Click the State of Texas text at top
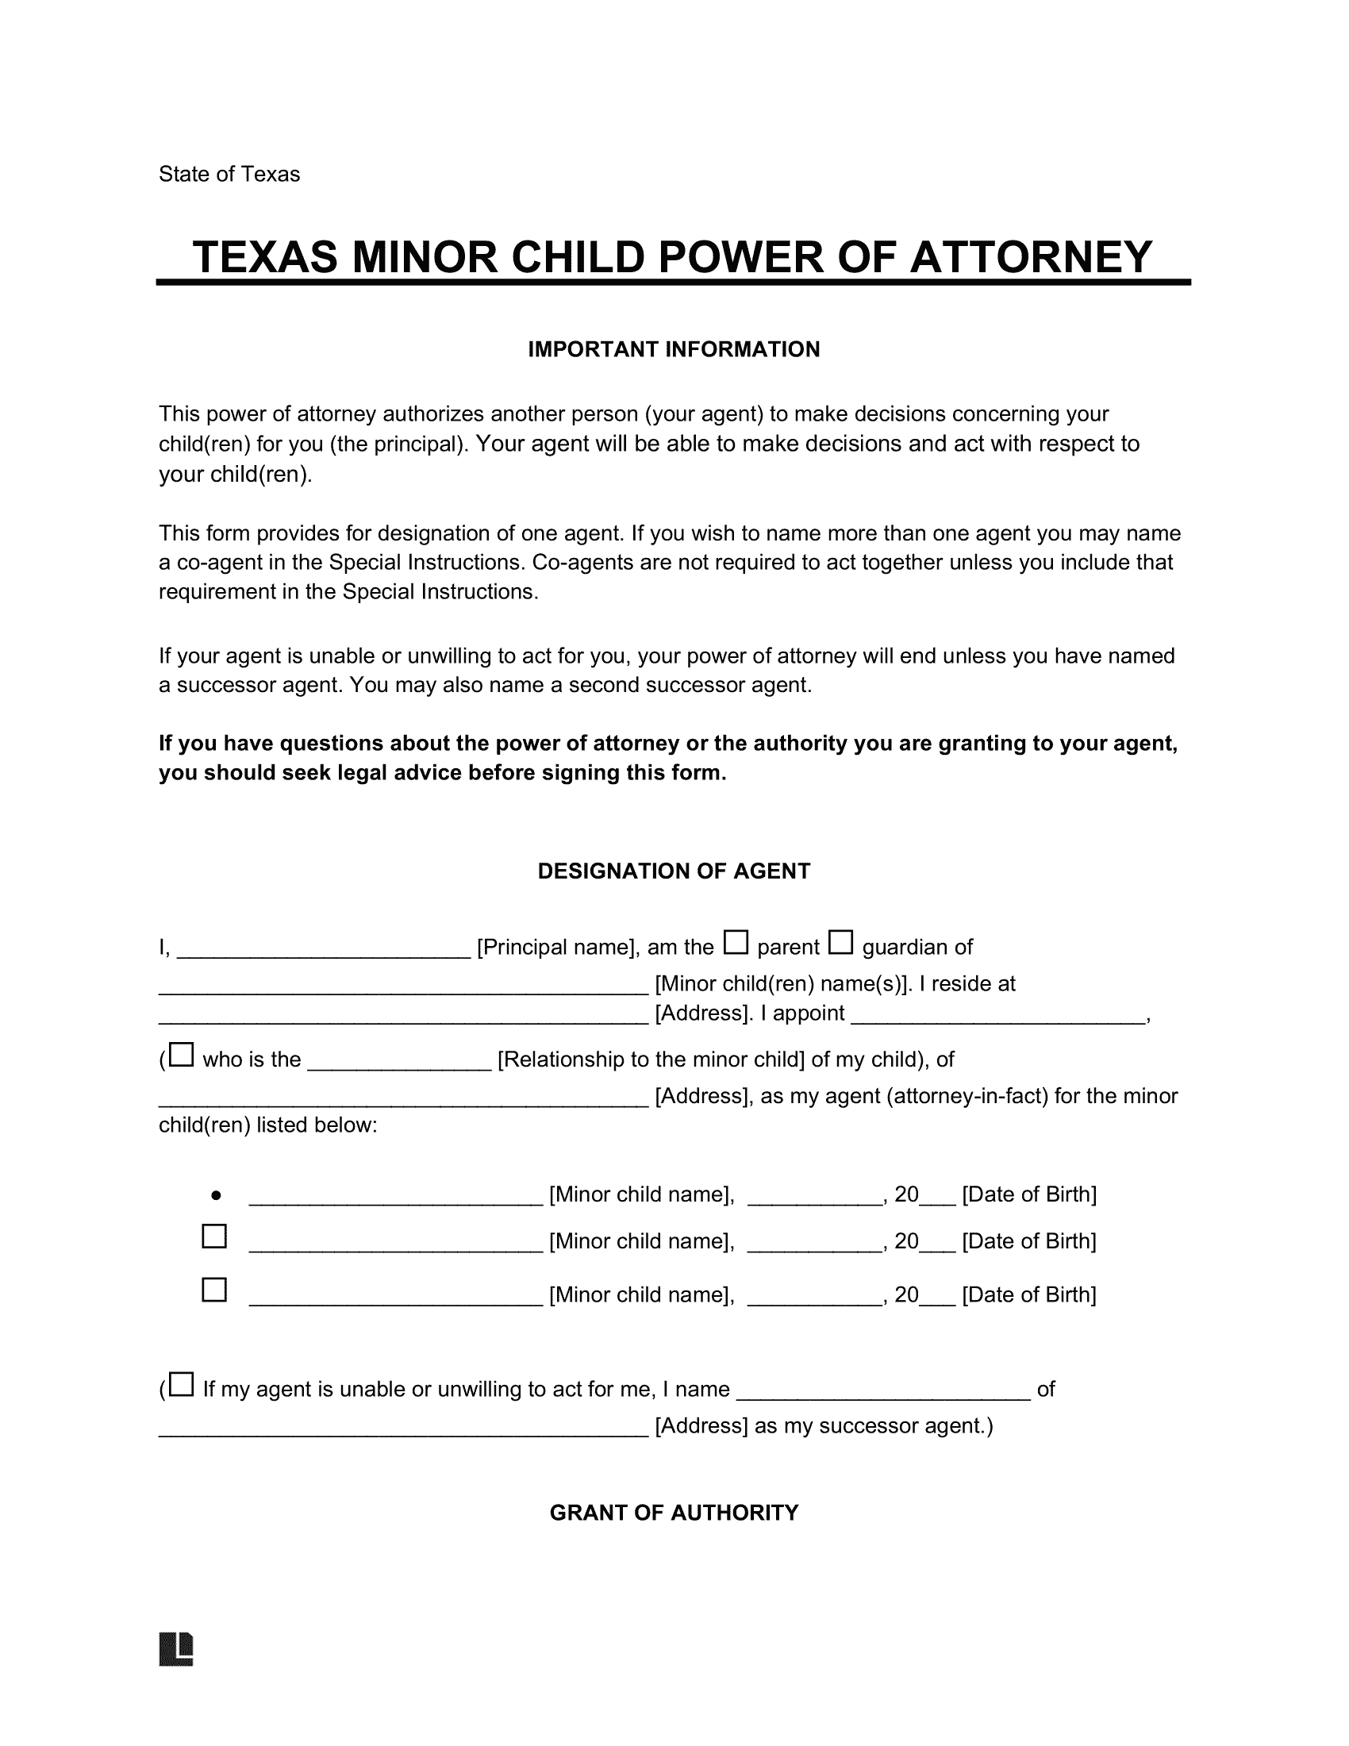click(229, 175)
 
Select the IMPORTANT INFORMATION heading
click(674, 349)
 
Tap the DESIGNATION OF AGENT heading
click(674, 871)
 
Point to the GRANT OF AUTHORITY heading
click(674, 1513)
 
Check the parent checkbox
click(736, 943)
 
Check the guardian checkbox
click(840, 943)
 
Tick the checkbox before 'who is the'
click(183, 1055)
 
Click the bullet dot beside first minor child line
click(216, 1196)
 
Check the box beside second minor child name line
click(214, 1236)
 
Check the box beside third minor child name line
click(214, 1290)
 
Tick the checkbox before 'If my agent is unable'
click(183, 1384)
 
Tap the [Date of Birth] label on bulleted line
click(1028, 1194)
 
